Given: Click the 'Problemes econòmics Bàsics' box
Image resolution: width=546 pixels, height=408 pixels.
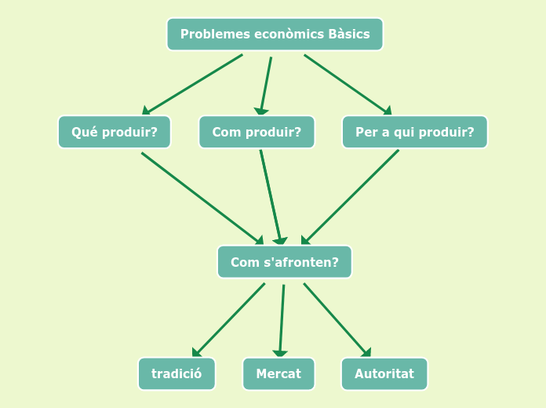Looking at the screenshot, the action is [x=275, y=35].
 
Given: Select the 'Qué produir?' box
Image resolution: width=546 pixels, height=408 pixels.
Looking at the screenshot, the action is [x=115, y=132].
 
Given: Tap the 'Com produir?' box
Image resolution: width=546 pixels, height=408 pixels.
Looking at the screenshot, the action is [x=257, y=132].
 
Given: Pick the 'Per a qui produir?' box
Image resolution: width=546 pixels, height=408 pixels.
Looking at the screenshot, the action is [x=414, y=132].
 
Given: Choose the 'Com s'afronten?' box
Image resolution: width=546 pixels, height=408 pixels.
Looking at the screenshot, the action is [x=284, y=262].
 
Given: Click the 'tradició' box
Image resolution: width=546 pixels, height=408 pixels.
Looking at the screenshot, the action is [x=177, y=373].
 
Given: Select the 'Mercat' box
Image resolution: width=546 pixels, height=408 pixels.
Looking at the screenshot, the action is [x=278, y=373].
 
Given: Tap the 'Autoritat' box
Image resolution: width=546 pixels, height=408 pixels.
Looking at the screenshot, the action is [x=384, y=373].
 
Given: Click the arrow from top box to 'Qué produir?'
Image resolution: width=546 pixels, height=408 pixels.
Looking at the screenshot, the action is [x=193, y=84].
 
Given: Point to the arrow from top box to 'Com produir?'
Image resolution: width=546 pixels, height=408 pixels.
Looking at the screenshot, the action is [x=266, y=85].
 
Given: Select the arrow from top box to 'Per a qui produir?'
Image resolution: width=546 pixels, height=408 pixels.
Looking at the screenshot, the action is [x=348, y=84].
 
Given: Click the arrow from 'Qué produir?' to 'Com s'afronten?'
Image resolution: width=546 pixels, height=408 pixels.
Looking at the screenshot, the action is [x=202, y=198].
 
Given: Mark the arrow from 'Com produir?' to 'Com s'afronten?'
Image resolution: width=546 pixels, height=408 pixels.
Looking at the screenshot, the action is [x=271, y=196].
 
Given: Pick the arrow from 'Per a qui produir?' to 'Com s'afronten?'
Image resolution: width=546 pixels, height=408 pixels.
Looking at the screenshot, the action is [x=350, y=197].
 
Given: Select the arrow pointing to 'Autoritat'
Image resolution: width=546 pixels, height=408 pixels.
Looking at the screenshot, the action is [x=337, y=319].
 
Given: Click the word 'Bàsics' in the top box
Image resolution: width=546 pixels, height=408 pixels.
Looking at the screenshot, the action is [x=349, y=35].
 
